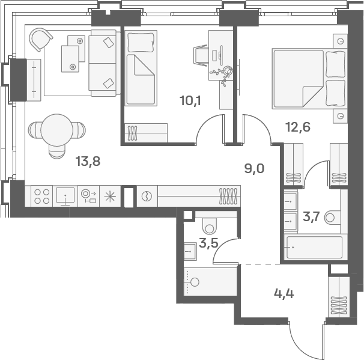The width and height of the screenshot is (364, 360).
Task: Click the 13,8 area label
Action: tap(88, 160)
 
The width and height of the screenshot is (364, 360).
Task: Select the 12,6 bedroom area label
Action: tap(297, 127)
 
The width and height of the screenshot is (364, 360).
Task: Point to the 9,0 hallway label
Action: tap(254, 168)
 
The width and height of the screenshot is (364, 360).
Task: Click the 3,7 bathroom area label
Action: tap(311, 216)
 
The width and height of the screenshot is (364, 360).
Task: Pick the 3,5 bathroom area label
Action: tap(208, 243)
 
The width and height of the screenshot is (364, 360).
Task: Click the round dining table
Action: tap(57, 130)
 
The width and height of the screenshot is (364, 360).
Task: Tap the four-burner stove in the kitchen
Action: tap(42, 197)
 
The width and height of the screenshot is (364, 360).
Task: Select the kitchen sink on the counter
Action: tap(65, 195)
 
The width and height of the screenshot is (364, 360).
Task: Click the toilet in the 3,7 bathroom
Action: tap(332, 218)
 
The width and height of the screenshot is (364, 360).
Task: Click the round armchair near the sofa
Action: tap(40, 40)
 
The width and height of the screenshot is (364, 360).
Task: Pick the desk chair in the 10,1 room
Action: tap(202, 55)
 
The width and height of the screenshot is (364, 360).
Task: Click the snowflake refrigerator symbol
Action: tap(109, 196)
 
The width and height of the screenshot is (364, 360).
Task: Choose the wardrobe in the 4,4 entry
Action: tap(339, 296)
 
